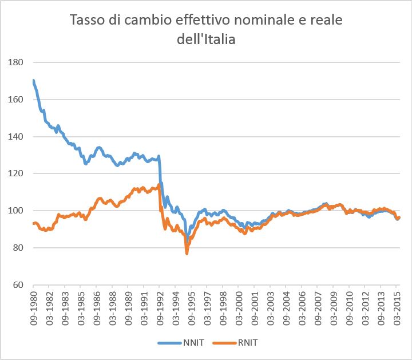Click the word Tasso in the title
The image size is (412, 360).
[x=87, y=20]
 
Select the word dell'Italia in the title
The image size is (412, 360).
[x=206, y=39]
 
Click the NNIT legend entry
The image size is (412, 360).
[x=181, y=343]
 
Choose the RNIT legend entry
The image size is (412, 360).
[x=235, y=343]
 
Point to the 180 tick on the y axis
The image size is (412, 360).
[x=15, y=62]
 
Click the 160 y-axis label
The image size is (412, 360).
[x=15, y=100]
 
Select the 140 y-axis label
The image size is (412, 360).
[x=15, y=136]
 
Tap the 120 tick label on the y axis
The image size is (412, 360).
[x=15, y=173]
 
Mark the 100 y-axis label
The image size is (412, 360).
[x=15, y=211]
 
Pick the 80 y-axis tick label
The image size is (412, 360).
[x=18, y=247]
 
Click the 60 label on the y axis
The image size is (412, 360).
[x=18, y=284]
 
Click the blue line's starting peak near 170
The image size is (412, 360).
[x=33, y=80]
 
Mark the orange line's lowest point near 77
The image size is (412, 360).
[x=187, y=254]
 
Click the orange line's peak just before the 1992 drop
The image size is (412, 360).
[x=159, y=185]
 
